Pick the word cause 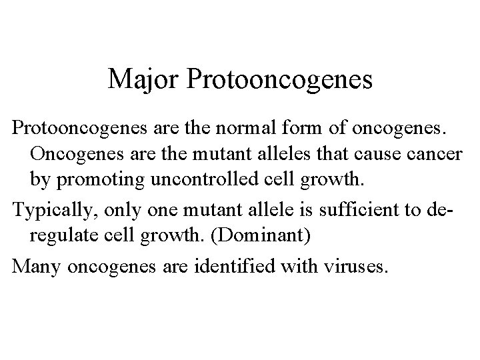click(377, 155)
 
